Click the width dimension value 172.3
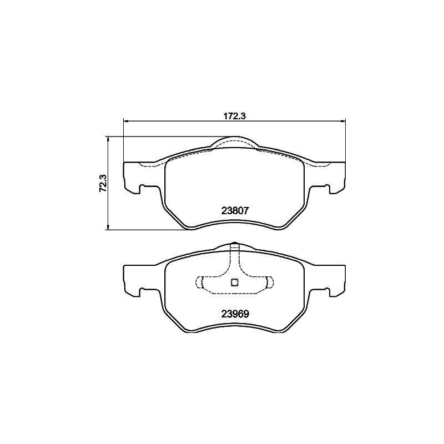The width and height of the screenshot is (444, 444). click(x=234, y=116)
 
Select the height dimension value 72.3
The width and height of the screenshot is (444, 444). click(x=102, y=183)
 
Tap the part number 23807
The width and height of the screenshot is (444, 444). click(x=234, y=211)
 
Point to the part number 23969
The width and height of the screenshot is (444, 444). click(x=234, y=312)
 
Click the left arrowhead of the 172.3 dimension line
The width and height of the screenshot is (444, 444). click(x=125, y=121)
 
